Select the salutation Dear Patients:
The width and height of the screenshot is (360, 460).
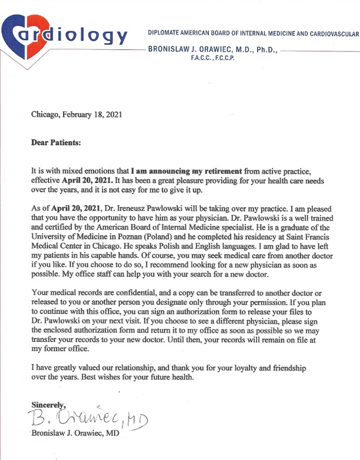tap(56, 143)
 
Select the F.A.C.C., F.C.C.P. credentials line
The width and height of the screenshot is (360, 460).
tap(212, 58)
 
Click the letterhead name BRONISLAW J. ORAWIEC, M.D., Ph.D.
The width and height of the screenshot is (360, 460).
tap(212, 50)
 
